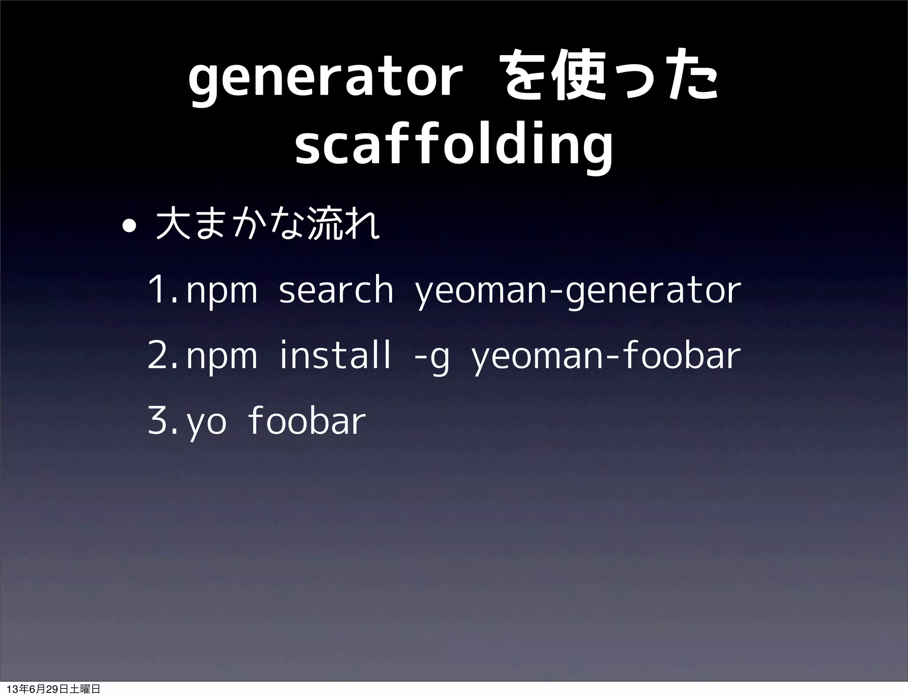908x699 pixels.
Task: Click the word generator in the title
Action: coord(322,80)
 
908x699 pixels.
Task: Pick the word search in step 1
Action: coord(336,291)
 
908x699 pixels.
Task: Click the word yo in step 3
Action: coord(207,424)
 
